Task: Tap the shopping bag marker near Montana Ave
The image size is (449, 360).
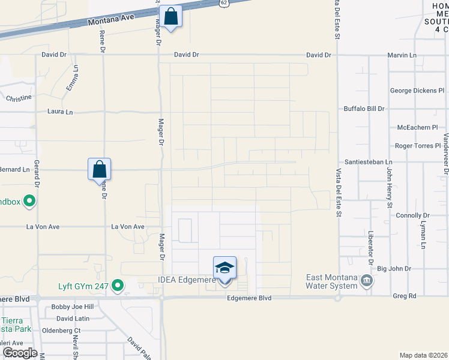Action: click(x=170, y=18)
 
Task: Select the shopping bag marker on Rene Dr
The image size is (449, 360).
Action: click(x=100, y=170)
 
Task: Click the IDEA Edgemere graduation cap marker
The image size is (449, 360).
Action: click(x=224, y=268)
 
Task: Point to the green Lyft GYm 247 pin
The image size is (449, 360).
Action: click(x=118, y=286)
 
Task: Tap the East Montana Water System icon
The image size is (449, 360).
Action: click(x=366, y=281)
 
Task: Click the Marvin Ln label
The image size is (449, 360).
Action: click(x=402, y=55)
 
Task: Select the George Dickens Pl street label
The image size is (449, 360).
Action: click(x=417, y=91)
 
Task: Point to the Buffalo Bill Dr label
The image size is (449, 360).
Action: click(x=364, y=109)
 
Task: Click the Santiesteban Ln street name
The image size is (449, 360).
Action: click(x=368, y=162)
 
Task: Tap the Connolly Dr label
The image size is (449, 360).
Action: click(x=414, y=215)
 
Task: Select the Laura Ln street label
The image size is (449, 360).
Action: click(x=60, y=112)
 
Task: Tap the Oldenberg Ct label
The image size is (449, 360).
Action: click(x=61, y=330)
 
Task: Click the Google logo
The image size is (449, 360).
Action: click(x=19, y=353)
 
